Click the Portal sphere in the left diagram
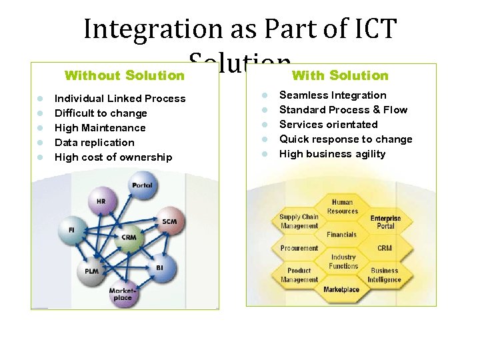(x=143, y=186)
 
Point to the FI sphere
(x=72, y=231)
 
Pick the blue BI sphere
(x=160, y=268)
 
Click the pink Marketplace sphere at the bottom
(x=123, y=293)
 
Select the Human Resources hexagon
(x=342, y=207)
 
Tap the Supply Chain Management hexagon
(x=299, y=221)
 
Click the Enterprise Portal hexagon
(x=385, y=222)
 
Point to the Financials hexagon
(x=341, y=235)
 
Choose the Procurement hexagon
(x=299, y=249)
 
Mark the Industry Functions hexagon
(x=343, y=261)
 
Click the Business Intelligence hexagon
(x=385, y=275)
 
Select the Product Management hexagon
(x=299, y=275)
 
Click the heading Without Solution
(x=124, y=75)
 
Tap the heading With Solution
(x=340, y=75)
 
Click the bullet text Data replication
(x=94, y=143)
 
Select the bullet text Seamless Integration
(x=332, y=95)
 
